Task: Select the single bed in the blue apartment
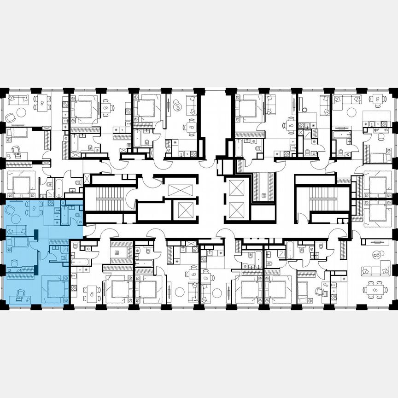(17, 242)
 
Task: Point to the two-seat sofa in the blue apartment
(17, 230)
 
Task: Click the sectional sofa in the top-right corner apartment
(346, 99)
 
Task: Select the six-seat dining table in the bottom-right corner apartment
(375, 290)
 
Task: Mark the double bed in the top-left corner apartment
(21, 185)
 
